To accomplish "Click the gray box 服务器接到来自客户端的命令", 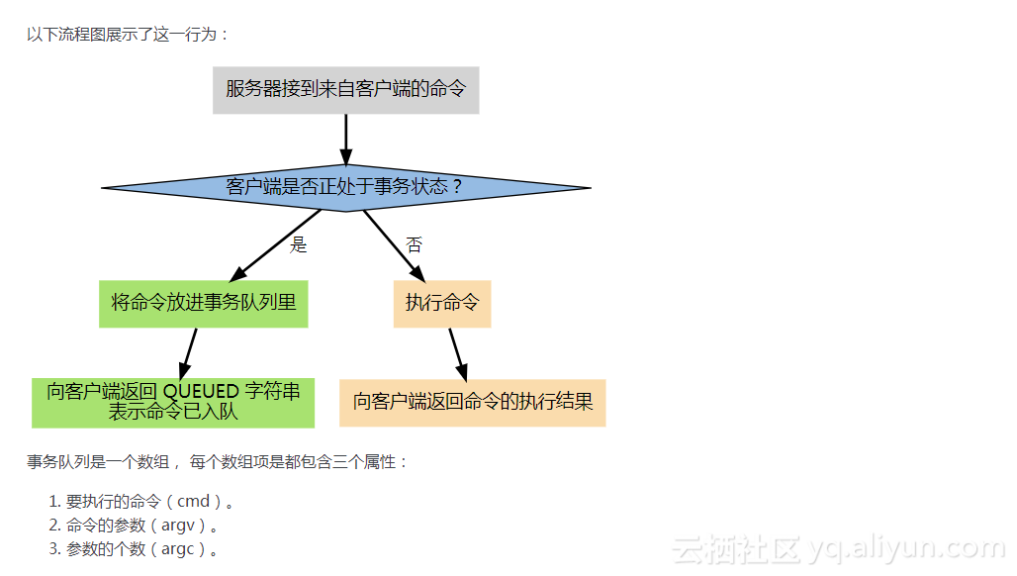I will (345, 90).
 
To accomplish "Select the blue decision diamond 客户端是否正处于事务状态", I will (345, 187).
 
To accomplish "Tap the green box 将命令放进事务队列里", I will (204, 303).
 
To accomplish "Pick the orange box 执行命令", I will (442, 303).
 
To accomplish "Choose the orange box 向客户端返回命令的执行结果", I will (473, 403).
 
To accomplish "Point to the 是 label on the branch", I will (299, 245).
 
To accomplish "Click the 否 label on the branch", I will (414, 245).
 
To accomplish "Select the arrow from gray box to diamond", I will (345, 139).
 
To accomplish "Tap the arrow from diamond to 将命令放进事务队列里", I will (277, 244).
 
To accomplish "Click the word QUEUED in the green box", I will (201, 392).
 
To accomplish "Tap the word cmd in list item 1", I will (193, 502).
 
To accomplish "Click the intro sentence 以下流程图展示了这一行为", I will (128, 35).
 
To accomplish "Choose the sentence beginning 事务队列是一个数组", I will (218, 462).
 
